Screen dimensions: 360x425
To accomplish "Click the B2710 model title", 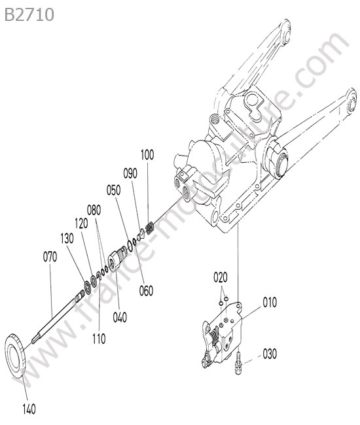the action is click(x=29, y=14).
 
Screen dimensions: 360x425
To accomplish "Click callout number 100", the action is click(x=147, y=154).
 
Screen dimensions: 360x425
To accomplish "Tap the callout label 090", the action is click(x=130, y=173).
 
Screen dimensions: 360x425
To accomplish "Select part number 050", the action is click(x=113, y=190).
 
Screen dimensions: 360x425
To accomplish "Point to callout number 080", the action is click(x=94, y=210).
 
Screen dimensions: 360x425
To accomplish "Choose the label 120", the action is click(x=81, y=224).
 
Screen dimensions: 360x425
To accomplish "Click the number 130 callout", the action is click(x=67, y=239).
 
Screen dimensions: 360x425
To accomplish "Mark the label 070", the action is click(x=50, y=257).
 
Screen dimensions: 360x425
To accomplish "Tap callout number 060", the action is click(x=146, y=290).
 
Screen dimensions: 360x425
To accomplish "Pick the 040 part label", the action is click(x=120, y=317).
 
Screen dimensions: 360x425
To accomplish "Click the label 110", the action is click(x=99, y=339).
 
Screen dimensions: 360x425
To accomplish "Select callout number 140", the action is click(x=29, y=409).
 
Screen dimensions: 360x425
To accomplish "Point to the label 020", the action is click(x=221, y=277).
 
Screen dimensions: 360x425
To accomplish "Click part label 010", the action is click(x=270, y=303).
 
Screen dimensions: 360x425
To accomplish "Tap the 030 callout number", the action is click(x=270, y=354).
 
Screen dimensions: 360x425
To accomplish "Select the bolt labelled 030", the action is click(x=238, y=363).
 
